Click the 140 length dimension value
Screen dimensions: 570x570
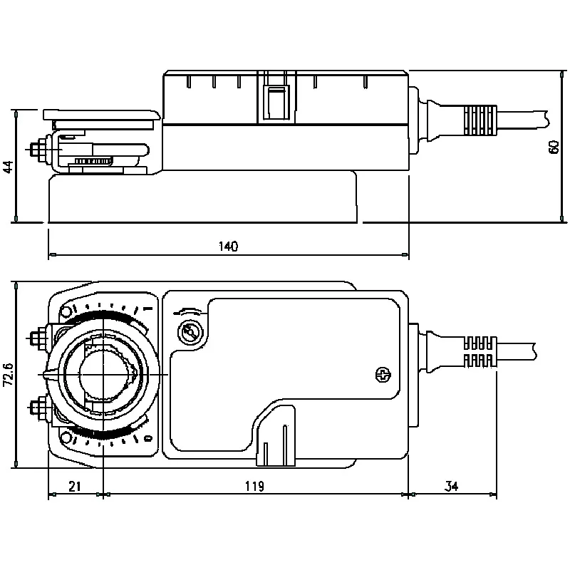228,246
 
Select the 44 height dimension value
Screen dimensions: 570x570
7,167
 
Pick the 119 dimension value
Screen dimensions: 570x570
254,487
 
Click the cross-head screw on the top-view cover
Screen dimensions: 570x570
383,374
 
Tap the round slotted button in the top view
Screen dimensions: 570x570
190,333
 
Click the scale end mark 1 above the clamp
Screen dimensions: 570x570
146,309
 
